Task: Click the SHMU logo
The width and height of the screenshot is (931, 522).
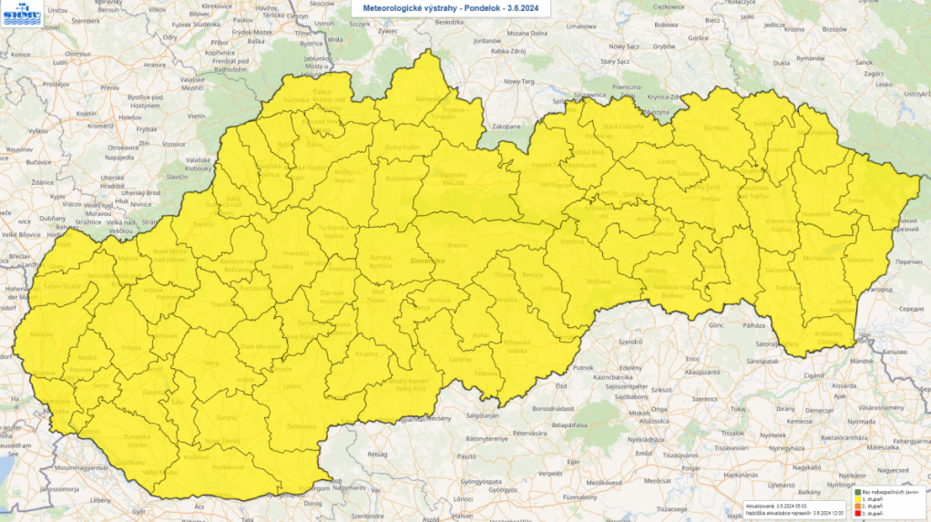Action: click(21, 14)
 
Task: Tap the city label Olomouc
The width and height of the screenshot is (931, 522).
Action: click(77, 54)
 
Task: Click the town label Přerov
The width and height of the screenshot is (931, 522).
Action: click(109, 87)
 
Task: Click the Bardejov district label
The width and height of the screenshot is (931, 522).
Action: click(719, 128)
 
